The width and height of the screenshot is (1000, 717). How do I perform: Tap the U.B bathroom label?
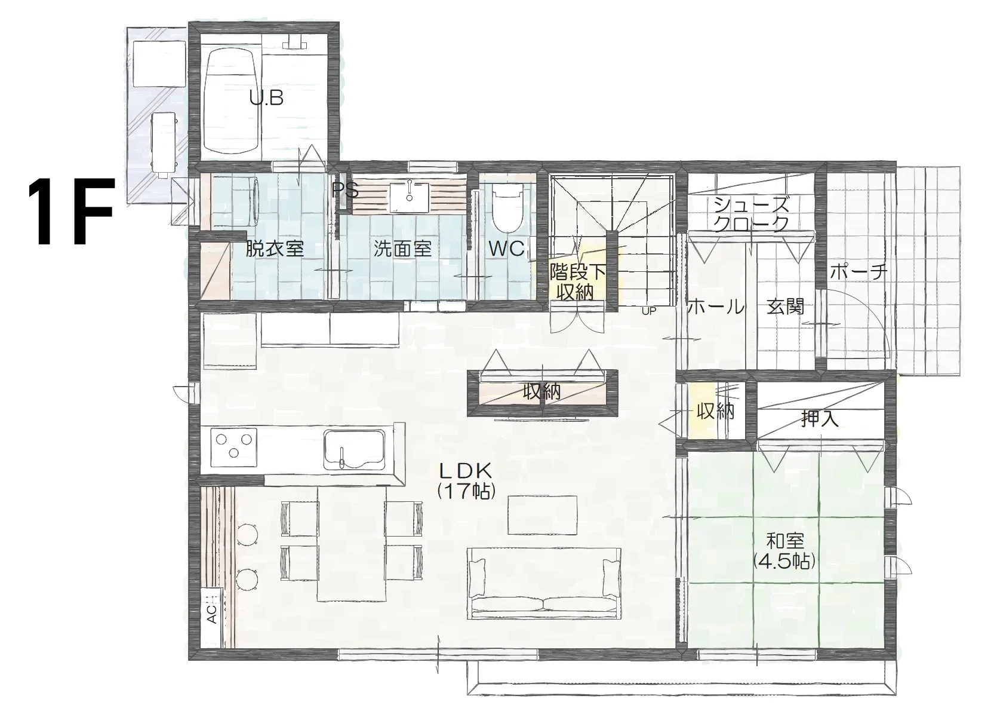tap(266, 98)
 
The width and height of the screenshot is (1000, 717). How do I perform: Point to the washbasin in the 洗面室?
tap(410, 197)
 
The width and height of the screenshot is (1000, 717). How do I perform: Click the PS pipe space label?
tap(345, 191)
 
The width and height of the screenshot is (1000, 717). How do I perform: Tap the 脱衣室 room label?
tap(275, 249)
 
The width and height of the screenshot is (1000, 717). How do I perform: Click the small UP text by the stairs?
tap(649, 311)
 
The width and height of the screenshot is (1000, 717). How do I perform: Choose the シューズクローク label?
tap(751, 215)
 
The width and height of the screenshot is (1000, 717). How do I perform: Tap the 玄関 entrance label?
tap(785, 307)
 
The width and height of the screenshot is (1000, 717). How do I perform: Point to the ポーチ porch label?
tap(858, 272)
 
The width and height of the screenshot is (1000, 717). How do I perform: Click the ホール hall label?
tap(716, 307)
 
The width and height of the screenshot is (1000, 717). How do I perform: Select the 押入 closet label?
tap(820, 419)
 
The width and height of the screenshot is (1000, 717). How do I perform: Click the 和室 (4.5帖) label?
tap(785, 551)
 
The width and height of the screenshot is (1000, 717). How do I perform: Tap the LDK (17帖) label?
tap(466, 480)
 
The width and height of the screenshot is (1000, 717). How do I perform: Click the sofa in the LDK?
tap(544, 583)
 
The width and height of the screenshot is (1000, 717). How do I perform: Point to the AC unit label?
tap(211, 614)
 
